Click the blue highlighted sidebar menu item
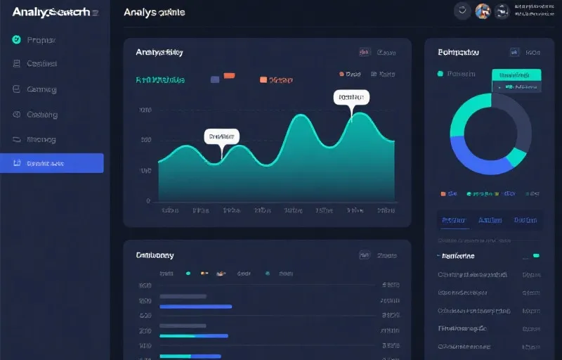point(52,163)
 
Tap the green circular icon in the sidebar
point(16,40)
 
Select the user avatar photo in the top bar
point(483,11)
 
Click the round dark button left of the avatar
point(462,11)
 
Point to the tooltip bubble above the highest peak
point(351,97)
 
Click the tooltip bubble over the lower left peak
point(221,136)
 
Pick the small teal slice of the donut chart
point(520,156)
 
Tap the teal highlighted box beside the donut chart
point(516,75)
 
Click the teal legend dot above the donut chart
point(440,73)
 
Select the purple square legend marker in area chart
point(214,79)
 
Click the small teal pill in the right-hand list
point(536,255)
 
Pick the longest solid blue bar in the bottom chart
point(196,306)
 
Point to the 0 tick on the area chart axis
point(148,200)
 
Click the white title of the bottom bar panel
point(155,255)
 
